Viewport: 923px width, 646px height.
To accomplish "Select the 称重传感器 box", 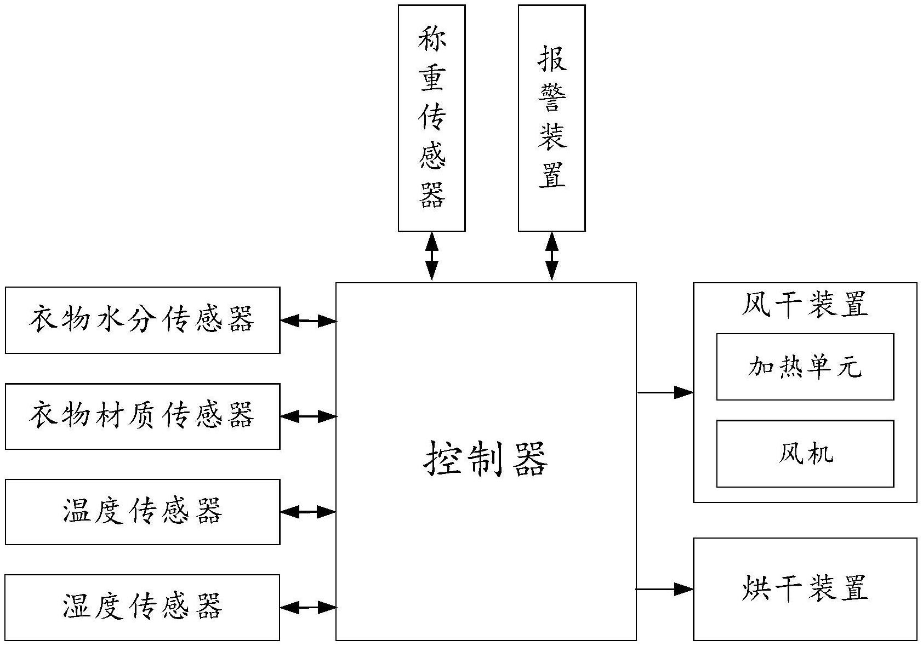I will tap(431, 118).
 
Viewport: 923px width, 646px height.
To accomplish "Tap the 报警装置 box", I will tap(551, 118).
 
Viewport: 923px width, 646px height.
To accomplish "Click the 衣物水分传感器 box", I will tap(143, 320).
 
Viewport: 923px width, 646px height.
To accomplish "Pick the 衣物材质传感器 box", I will tap(143, 416).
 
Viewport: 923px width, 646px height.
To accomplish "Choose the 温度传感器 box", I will tap(143, 512).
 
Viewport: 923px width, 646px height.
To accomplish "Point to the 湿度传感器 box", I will tap(143, 607).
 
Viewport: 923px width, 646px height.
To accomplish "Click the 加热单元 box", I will tap(805, 367).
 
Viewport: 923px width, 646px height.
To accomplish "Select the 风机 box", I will tap(805, 454).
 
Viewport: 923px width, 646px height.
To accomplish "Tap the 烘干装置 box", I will tap(805, 589).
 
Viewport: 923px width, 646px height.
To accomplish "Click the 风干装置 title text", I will tap(805, 305).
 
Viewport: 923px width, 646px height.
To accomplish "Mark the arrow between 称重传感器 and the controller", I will tap(432, 256).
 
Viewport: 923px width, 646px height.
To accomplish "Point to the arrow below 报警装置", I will tap(551, 256).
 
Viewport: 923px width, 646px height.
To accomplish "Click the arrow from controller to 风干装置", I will tap(665, 392).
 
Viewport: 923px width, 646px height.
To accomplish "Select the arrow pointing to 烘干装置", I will tap(665, 589).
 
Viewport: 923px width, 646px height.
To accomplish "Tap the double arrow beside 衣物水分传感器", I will tap(308, 321).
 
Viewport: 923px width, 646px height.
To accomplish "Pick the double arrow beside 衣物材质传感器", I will tap(308, 417).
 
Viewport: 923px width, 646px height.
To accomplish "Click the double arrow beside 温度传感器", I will tap(308, 512).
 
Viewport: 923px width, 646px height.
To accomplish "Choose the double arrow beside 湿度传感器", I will tap(308, 607).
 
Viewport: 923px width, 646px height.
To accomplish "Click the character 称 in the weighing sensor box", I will tap(432, 39).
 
